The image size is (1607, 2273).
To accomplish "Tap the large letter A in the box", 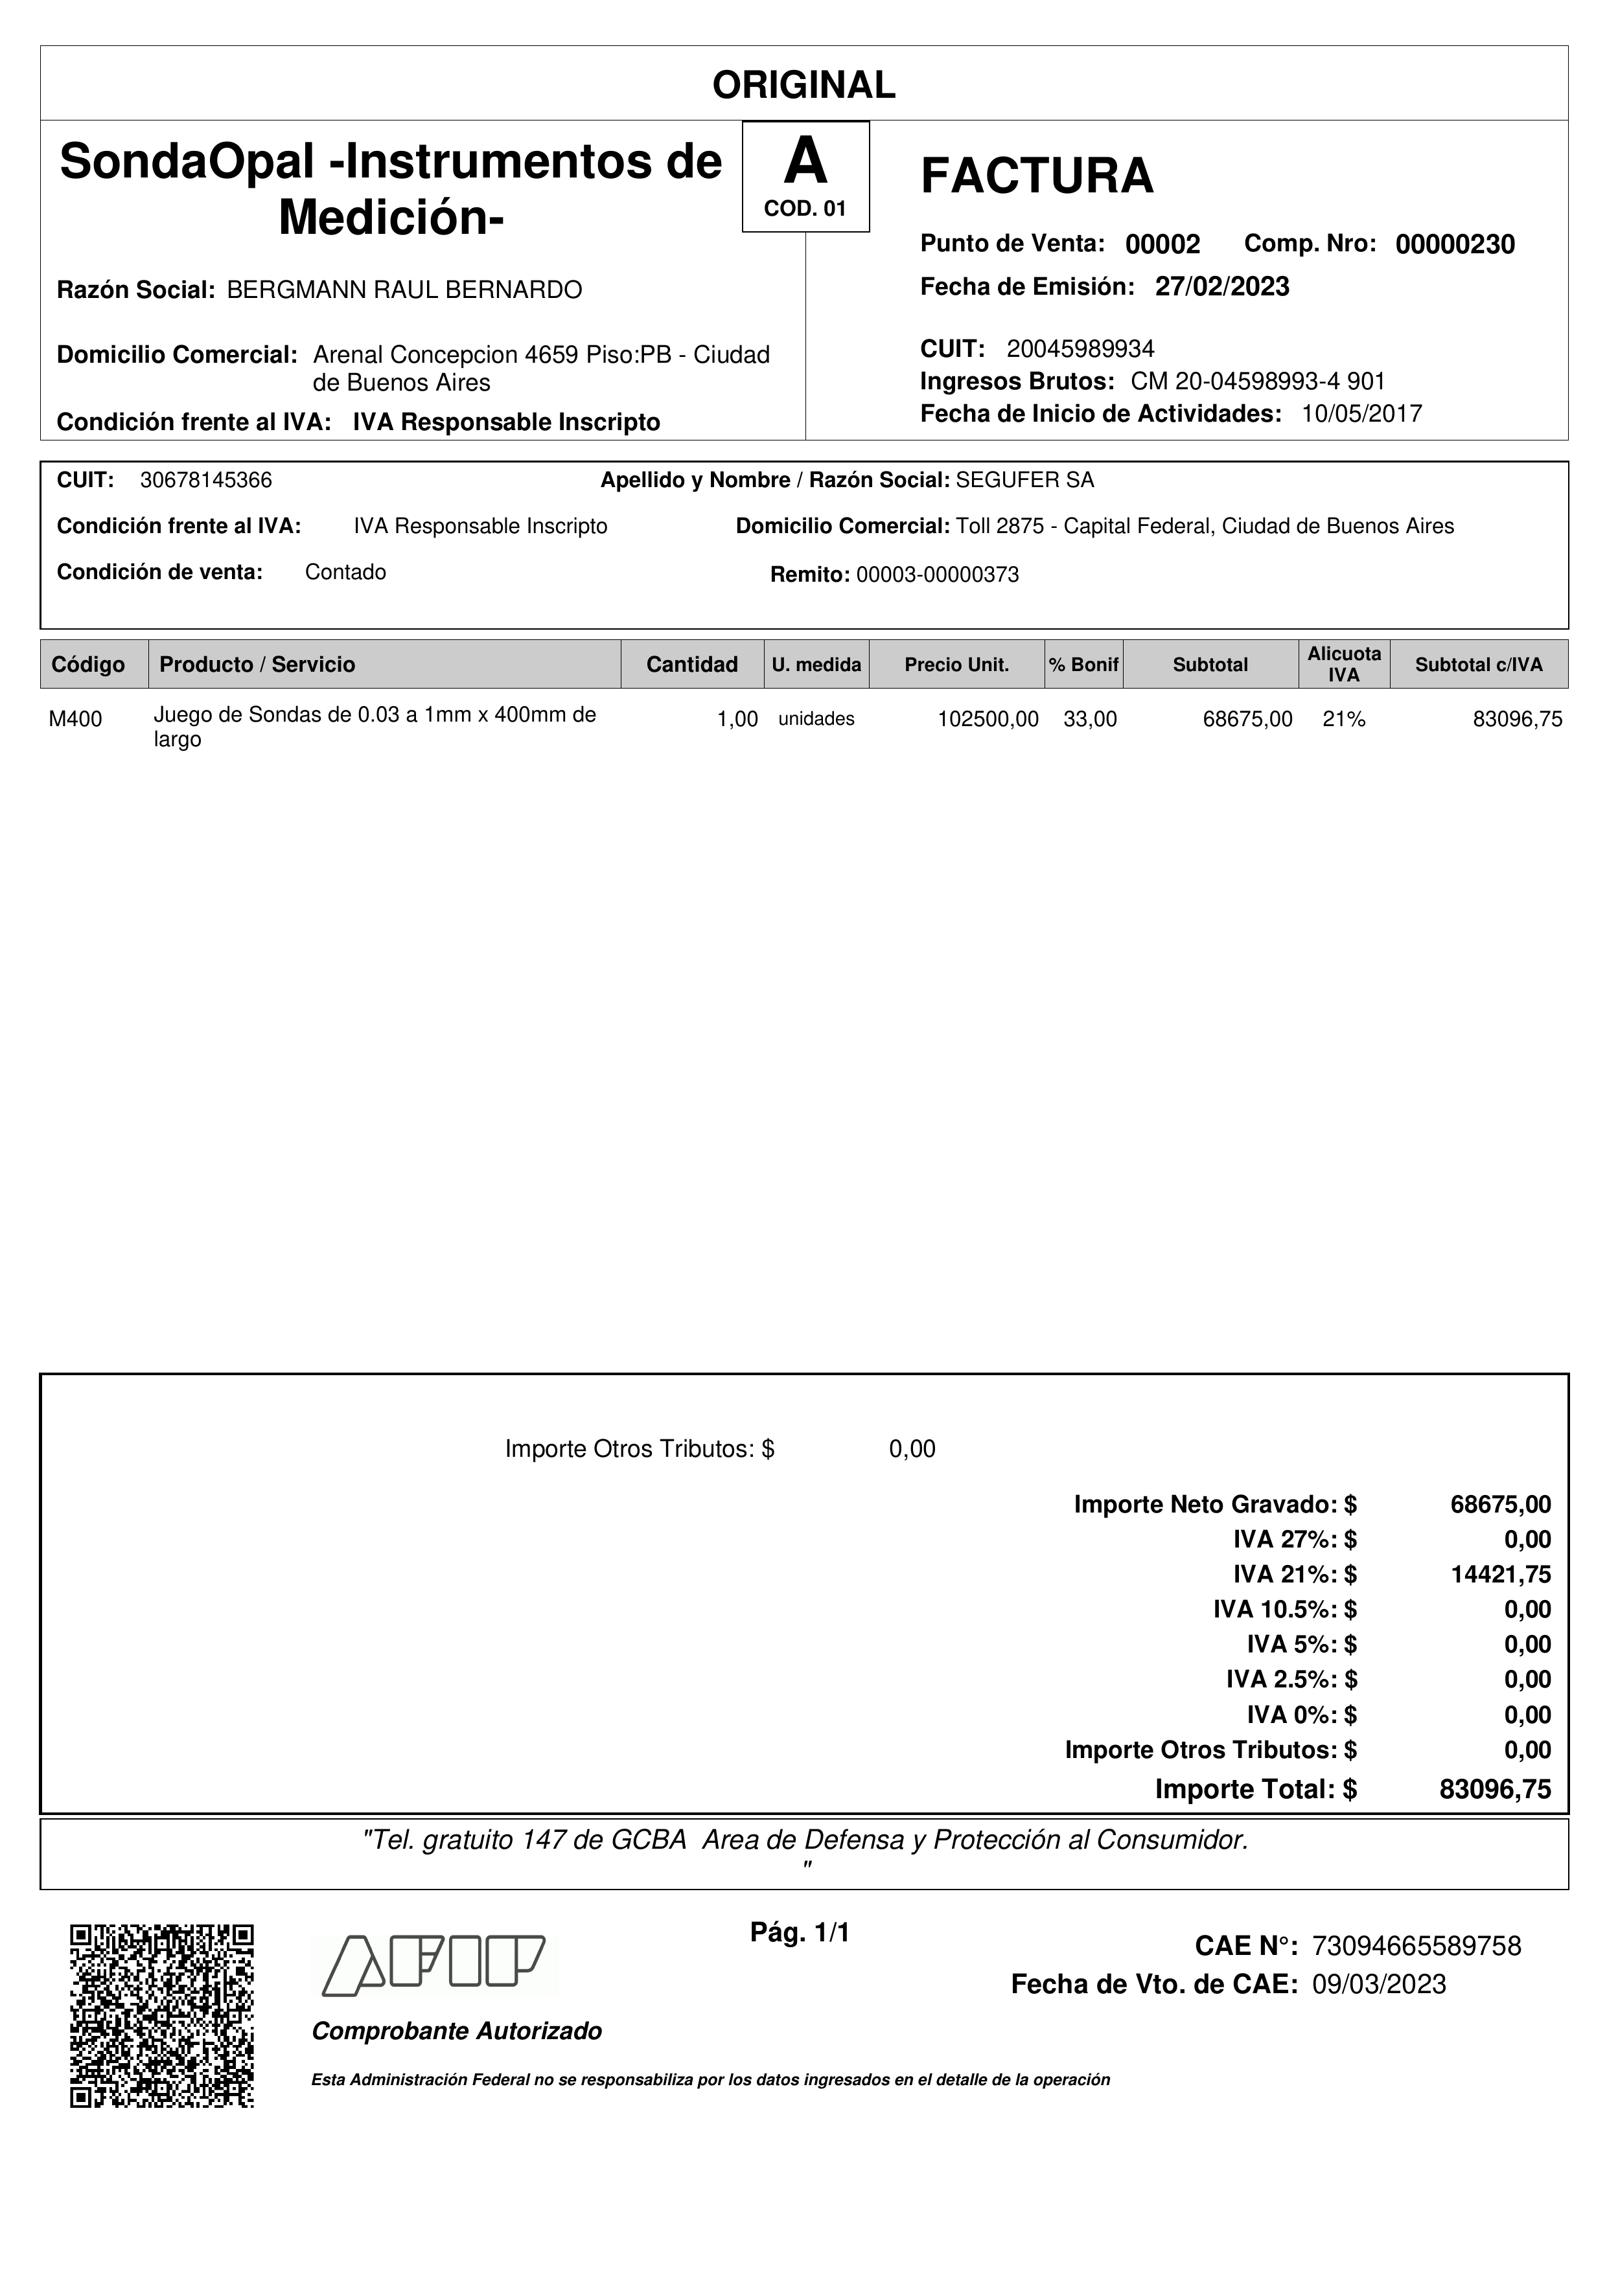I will click(805, 161).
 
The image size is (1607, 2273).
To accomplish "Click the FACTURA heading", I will click(1037, 176).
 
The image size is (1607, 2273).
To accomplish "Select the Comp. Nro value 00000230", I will click(1455, 244).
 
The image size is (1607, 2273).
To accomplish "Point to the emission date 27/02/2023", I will click(1222, 287).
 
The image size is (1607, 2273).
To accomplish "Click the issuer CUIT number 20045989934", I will click(1080, 348).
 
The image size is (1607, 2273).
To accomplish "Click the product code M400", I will click(75, 720).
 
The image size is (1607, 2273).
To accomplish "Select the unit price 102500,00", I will click(987, 720).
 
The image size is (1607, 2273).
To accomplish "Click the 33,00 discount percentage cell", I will click(1089, 720).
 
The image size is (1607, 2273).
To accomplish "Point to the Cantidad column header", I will click(691, 664).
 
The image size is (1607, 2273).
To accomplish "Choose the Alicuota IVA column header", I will click(1344, 664).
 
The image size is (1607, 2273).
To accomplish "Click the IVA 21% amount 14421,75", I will click(1500, 1574).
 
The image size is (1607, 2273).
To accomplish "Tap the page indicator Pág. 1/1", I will click(800, 1932).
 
